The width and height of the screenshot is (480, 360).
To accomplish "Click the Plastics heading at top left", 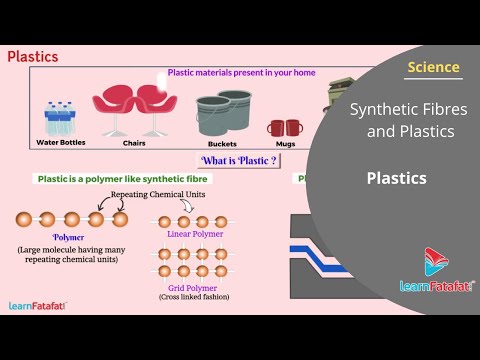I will tap(32, 57).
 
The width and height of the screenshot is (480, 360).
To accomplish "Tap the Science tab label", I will tap(434, 68).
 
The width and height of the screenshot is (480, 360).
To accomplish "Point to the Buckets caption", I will tap(222, 143).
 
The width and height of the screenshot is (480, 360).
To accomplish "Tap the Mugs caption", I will tap(284, 143).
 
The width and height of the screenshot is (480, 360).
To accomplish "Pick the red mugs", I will tap(284, 127).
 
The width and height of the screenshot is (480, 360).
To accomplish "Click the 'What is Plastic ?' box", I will tap(239, 161).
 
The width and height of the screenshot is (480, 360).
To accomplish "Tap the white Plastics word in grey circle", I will tap(396, 179).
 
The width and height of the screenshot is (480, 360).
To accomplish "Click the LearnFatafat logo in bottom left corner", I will tap(37, 306).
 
